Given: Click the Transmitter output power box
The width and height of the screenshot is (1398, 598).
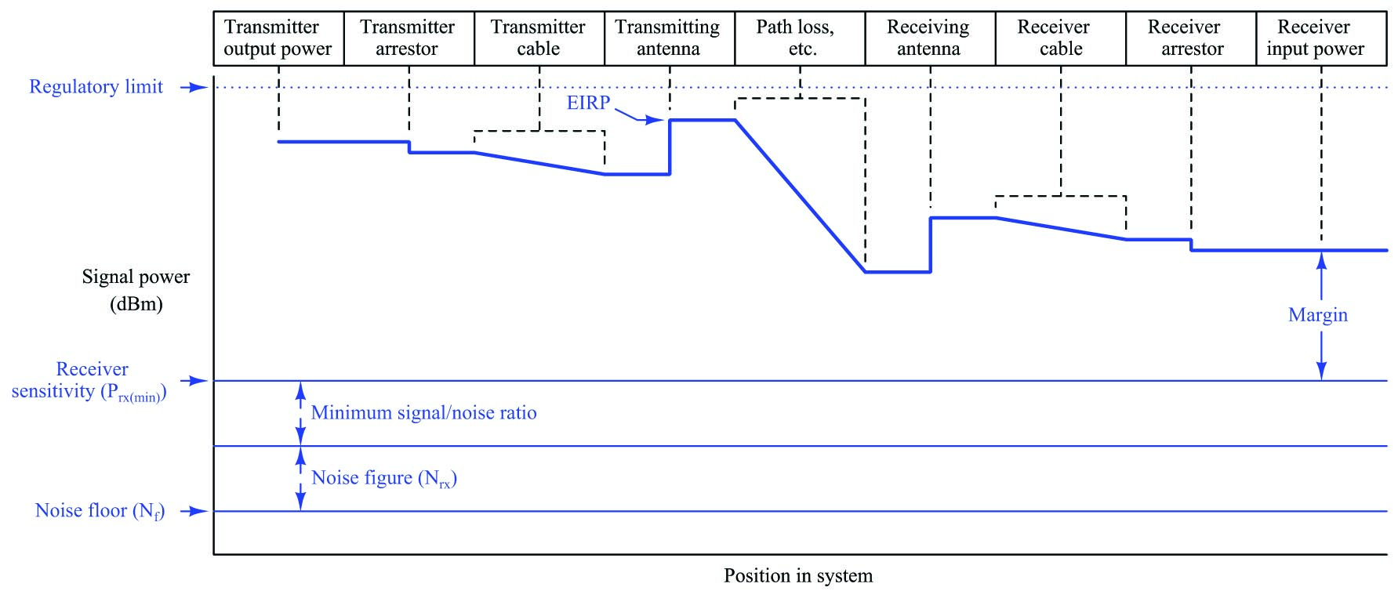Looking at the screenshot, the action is click(278, 38).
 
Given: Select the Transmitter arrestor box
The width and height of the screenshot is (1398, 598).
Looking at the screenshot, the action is click(409, 38).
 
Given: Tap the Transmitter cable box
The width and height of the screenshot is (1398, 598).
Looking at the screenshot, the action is click(539, 38).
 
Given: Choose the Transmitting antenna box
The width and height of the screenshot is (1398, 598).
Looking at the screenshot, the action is click(670, 38).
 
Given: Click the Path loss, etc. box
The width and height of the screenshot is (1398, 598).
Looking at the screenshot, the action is click(800, 38).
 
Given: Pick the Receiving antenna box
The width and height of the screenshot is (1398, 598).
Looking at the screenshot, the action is click(931, 38).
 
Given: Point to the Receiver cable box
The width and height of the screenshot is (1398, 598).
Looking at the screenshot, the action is click(1061, 38).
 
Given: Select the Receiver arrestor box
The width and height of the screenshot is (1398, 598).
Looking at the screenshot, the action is click(1191, 38).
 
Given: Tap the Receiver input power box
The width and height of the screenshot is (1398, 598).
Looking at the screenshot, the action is click(1322, 38).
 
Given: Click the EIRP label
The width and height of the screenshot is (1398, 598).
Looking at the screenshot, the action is click(588, 103).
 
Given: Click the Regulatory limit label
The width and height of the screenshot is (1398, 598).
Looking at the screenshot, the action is click(96, 86).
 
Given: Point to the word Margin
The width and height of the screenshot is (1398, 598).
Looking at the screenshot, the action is click(1318, 315).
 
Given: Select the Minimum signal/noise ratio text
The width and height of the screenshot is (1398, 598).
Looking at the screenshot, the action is click(424, 413).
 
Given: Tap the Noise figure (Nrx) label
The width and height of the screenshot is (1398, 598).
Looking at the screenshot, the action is click(384, 478).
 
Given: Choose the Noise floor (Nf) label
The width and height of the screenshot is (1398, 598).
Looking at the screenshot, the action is click(100, 511).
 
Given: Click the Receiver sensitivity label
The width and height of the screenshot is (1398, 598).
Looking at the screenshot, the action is click(89, 380).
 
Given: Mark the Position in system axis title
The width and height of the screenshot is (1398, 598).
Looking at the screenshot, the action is click(798, 576).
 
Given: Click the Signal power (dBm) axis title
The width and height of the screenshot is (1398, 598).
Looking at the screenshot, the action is click(136, 290).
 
